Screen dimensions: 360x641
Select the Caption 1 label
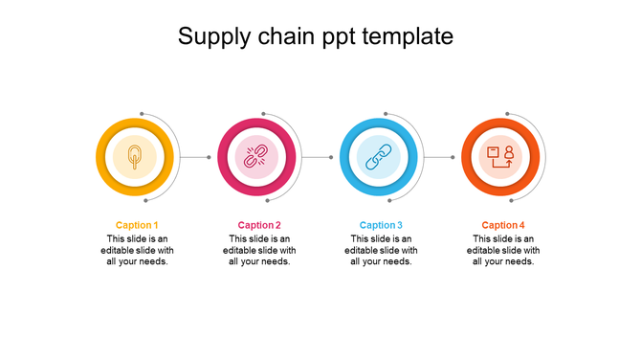pos(137,225)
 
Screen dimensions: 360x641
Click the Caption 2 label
pos(259,225)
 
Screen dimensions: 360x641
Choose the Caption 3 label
pos(381,225)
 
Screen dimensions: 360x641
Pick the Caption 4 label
pos(503,225)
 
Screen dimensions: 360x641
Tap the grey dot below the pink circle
pos(268,201)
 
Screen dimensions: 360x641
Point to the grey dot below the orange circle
pos(511,201)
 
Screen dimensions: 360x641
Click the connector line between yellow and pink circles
pos(195,157)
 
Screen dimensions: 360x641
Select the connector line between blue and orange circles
pos(439,157)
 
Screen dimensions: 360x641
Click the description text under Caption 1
pos(137,250)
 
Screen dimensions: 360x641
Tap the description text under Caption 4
pos(503,250)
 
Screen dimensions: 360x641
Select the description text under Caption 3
pos(381,250)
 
